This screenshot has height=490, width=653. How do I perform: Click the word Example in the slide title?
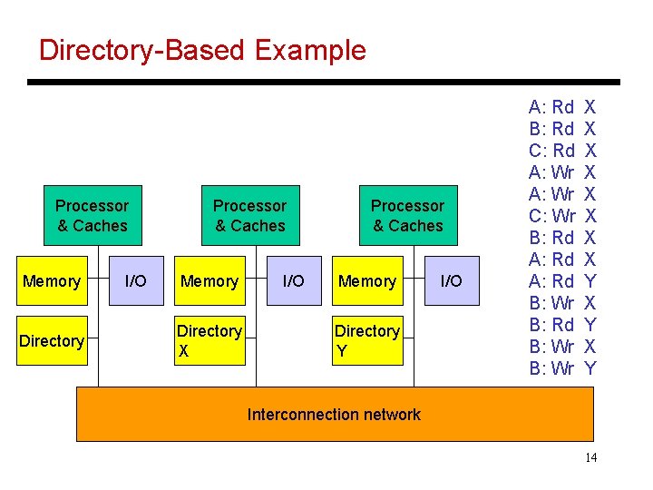310,50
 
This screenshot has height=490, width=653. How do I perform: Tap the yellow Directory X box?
210,341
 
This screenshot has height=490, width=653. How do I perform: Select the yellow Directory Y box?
367,341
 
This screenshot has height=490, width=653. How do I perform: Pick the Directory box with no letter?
52,341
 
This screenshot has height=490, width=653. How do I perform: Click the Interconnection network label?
334,415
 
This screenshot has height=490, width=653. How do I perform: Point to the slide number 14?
590,457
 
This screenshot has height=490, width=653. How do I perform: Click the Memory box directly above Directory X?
210,281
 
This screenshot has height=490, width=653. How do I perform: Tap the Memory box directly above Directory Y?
367,281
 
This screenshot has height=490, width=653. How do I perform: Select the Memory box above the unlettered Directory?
52,281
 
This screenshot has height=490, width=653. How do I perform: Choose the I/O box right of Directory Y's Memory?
451,281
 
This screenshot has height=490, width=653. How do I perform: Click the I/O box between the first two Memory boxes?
135,281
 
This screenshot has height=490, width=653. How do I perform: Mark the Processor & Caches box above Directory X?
249,216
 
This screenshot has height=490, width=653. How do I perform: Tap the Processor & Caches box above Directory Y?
407,216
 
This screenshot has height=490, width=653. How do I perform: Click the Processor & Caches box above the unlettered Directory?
92,216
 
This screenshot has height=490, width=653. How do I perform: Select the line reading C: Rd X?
562,150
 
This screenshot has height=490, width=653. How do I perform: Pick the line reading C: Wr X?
562,216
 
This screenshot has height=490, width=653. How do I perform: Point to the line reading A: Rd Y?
562,281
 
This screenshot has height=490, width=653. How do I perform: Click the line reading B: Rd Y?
562,325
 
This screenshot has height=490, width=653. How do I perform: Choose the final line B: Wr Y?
562,368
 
